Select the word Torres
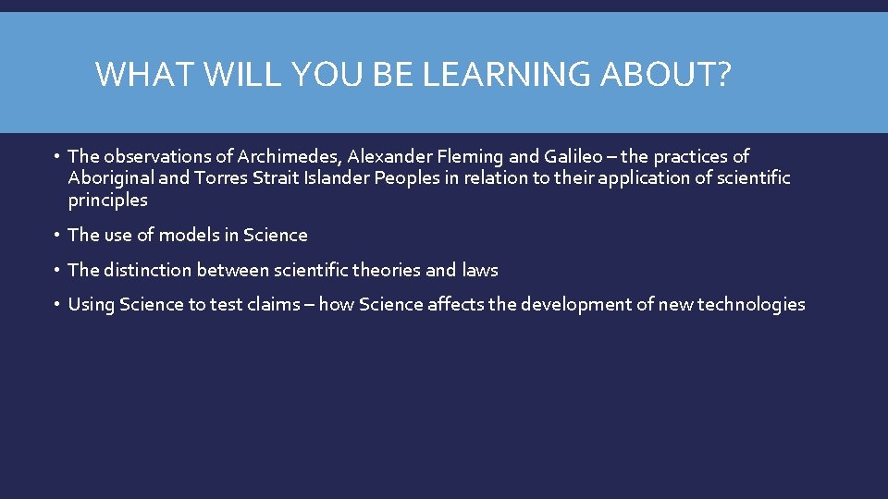click(x=220, y=178)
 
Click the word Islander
click(x=336, y=178)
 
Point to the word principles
click(x=107, y=201)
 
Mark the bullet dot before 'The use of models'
click(x=57, y=235)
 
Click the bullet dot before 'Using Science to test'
click(x=57, y=304)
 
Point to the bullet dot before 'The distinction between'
click(x=57, y=270)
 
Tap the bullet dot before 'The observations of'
click(x=57, y=156)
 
